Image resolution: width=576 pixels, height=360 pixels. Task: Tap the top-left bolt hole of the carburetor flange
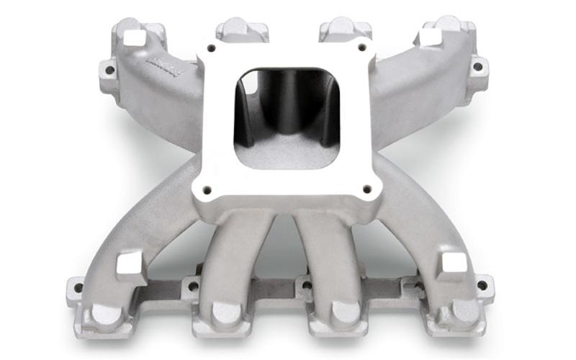point(211,49)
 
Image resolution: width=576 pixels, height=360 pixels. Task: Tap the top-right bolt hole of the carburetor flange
point(359,49)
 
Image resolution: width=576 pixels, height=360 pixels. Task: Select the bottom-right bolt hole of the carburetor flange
point(367,190)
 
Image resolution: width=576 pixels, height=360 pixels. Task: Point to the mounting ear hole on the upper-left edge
point(109,71)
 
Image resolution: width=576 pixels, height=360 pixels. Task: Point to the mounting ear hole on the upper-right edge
point(477,67)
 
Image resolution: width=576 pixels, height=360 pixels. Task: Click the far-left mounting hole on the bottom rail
point(78,288)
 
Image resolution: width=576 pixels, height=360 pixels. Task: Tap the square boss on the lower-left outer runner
point(131,264)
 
